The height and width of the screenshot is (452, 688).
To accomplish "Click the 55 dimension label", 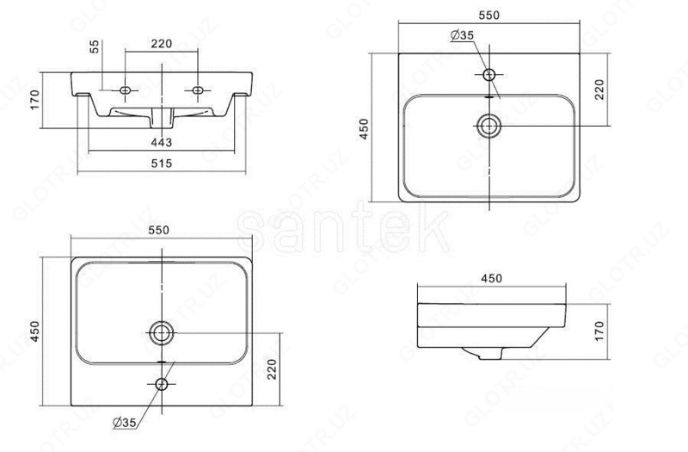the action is (x=95, y=46).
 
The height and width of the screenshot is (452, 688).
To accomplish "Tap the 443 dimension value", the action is (x=162, y=142).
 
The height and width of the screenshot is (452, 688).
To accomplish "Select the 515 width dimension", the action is (x=162, y=164).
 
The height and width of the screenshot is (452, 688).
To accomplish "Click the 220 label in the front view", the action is (x=162, y=44).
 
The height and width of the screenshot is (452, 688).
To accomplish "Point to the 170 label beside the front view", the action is (x=34, y=100).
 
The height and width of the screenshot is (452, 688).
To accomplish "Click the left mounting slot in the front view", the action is (x=126, y=90).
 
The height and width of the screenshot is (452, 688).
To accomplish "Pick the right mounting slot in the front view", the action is (x=198, y=90).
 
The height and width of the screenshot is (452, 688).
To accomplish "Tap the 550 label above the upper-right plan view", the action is (x=488, y=15).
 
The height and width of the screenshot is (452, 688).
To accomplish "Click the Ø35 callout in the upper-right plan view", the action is (x=463, y=35).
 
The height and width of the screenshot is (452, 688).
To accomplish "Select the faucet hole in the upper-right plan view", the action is (x=489, y=75).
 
